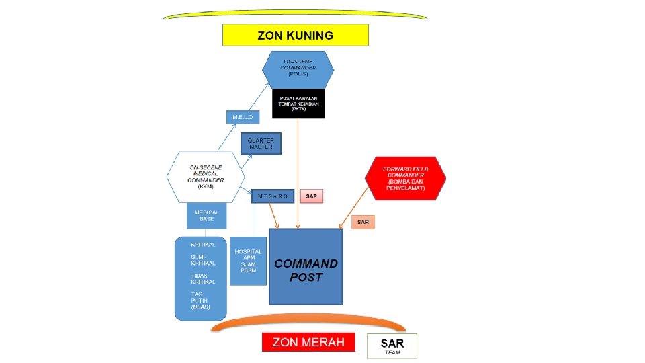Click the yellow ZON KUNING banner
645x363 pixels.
tap(296, 35)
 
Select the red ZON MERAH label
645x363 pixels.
tap(308, 342)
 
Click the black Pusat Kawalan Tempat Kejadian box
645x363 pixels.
tap(298, 104)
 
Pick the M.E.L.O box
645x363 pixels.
tap(243, 117)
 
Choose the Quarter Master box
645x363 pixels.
tap(261, 143)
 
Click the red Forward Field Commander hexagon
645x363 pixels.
tap(405, 177)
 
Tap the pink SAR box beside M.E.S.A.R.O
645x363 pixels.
tap(312, 196)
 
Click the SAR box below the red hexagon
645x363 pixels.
tap(363, 221)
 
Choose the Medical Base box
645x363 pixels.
tap(206, 216)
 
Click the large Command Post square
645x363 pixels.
tap(306, 267)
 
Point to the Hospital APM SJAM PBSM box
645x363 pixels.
tap(249, 261)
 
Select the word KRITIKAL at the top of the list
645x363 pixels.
tap(203, 245)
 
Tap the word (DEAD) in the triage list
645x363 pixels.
tap(200, 307)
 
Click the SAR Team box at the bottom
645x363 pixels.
tap(392, 346)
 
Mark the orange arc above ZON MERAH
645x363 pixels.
tap(308, 324)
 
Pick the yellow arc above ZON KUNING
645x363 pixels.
tap(296, 14)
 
